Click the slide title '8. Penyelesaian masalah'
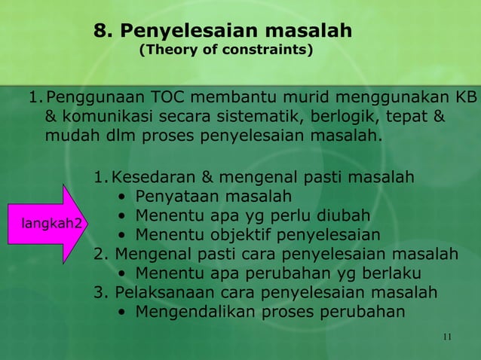pos(223,31)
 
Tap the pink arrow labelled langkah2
pos(51,224)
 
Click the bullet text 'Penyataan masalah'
pos(213,197)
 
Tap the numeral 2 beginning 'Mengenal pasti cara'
pos(99,254)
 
